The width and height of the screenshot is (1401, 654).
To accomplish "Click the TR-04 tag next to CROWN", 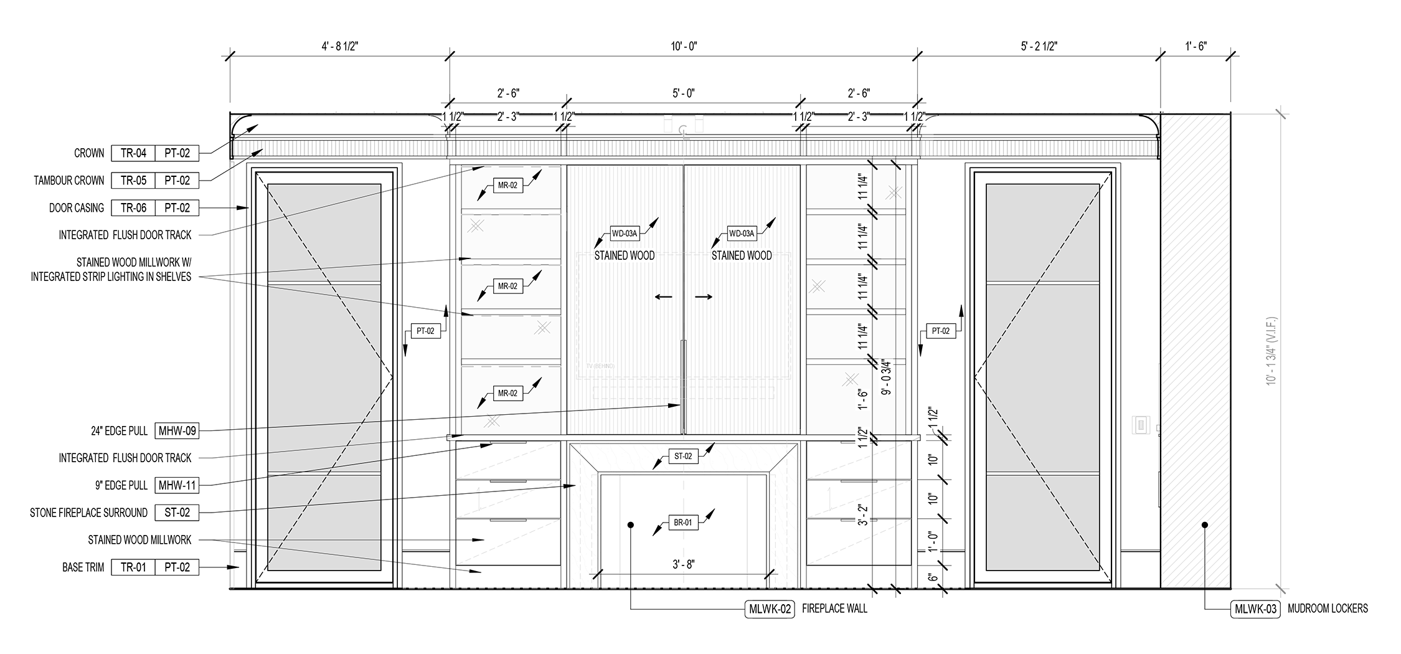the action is coord(133,153).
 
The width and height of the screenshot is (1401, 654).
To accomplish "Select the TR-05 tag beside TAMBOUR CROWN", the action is coord(133,181).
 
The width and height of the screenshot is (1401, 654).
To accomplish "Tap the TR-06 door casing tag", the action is coord(133,208).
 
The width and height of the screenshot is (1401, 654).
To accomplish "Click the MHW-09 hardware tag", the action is coord(177,430).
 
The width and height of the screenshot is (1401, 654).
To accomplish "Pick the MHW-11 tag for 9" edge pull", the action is coord(177,485).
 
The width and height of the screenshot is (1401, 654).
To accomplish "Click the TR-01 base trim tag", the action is coord(133,567).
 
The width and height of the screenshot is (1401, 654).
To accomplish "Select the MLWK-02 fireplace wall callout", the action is coord(770,609).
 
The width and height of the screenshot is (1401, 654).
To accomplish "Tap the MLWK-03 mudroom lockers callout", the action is coord(1255,609).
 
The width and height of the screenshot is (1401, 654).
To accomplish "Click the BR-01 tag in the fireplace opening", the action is coord(683,523).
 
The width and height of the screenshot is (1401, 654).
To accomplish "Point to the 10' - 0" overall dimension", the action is coord(684,46).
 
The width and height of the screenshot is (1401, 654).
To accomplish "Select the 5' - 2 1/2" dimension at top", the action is coord(1038,46).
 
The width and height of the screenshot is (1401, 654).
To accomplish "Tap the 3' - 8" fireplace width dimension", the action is coord(683,564).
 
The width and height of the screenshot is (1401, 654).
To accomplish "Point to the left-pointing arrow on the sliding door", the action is coord(663,297).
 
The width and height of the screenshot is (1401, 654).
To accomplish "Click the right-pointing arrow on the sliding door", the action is coord(704,297).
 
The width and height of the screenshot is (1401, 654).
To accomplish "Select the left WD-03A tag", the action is coord(625,234).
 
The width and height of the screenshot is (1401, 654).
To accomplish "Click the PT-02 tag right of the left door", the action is coord(425,331).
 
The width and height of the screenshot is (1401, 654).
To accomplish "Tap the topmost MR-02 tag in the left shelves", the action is coord(507,185).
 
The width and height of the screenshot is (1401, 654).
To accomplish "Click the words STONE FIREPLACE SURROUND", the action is coord(88,513).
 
